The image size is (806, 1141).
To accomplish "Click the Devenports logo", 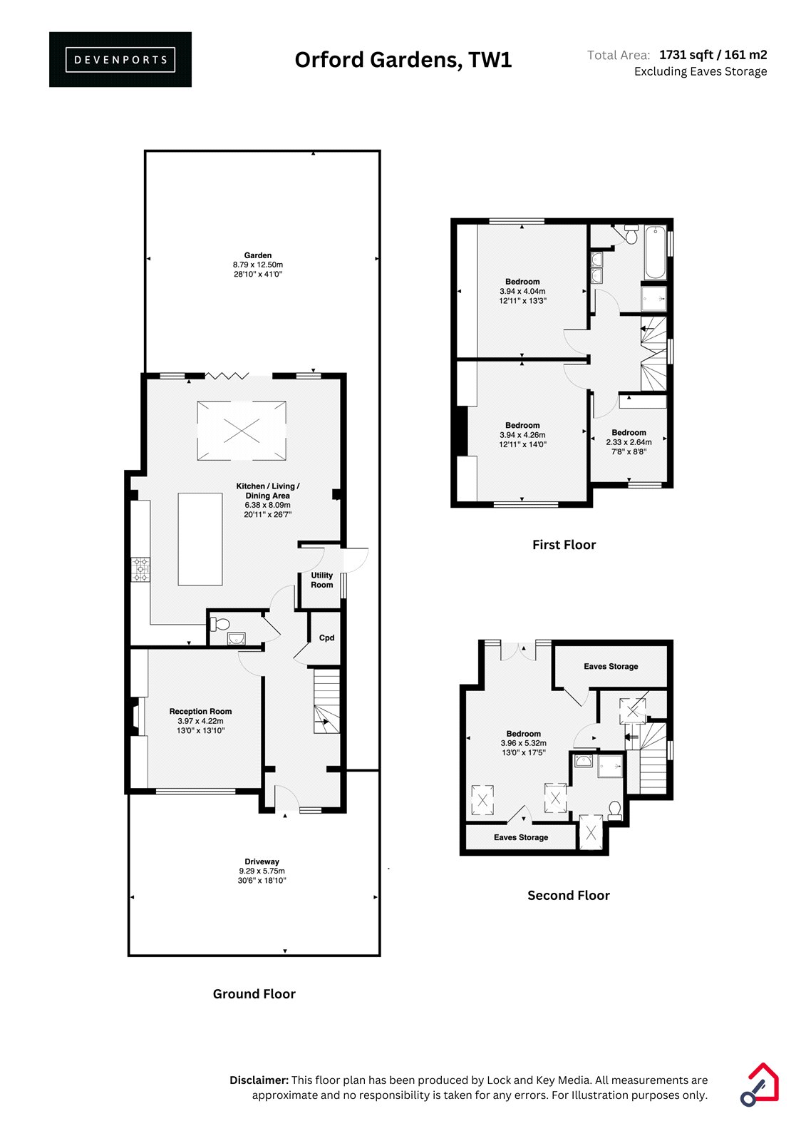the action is [x=120, y=60].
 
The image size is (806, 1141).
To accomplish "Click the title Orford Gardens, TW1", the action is [x=403, y=60].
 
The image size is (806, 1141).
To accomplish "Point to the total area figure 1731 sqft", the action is [x=686, y=54].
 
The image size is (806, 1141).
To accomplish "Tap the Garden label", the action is [x=258, y=255].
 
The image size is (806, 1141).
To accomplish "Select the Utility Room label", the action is [x=322, y=580].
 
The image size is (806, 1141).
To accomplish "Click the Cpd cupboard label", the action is [x=326, y=638].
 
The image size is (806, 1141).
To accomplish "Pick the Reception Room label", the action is [x=200, y=711].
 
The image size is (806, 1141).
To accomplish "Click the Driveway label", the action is [x=262, y=861].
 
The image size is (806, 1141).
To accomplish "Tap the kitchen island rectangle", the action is [x=200, y=539].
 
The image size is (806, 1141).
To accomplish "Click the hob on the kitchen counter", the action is [x=140, y=570].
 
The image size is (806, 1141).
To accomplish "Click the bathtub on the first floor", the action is [x=656, y=252].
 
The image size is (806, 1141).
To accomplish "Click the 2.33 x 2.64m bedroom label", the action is [x=629, y=442].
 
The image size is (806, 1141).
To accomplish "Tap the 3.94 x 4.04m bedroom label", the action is [x=522, y=292].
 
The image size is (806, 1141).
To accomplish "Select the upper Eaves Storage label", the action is [x=611, y=666].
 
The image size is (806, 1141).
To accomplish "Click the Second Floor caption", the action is [x=568, y=896].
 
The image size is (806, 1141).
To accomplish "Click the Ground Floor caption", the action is [x=254, y=994].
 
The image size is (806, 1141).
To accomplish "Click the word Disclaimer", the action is [x=259, y=1080].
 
